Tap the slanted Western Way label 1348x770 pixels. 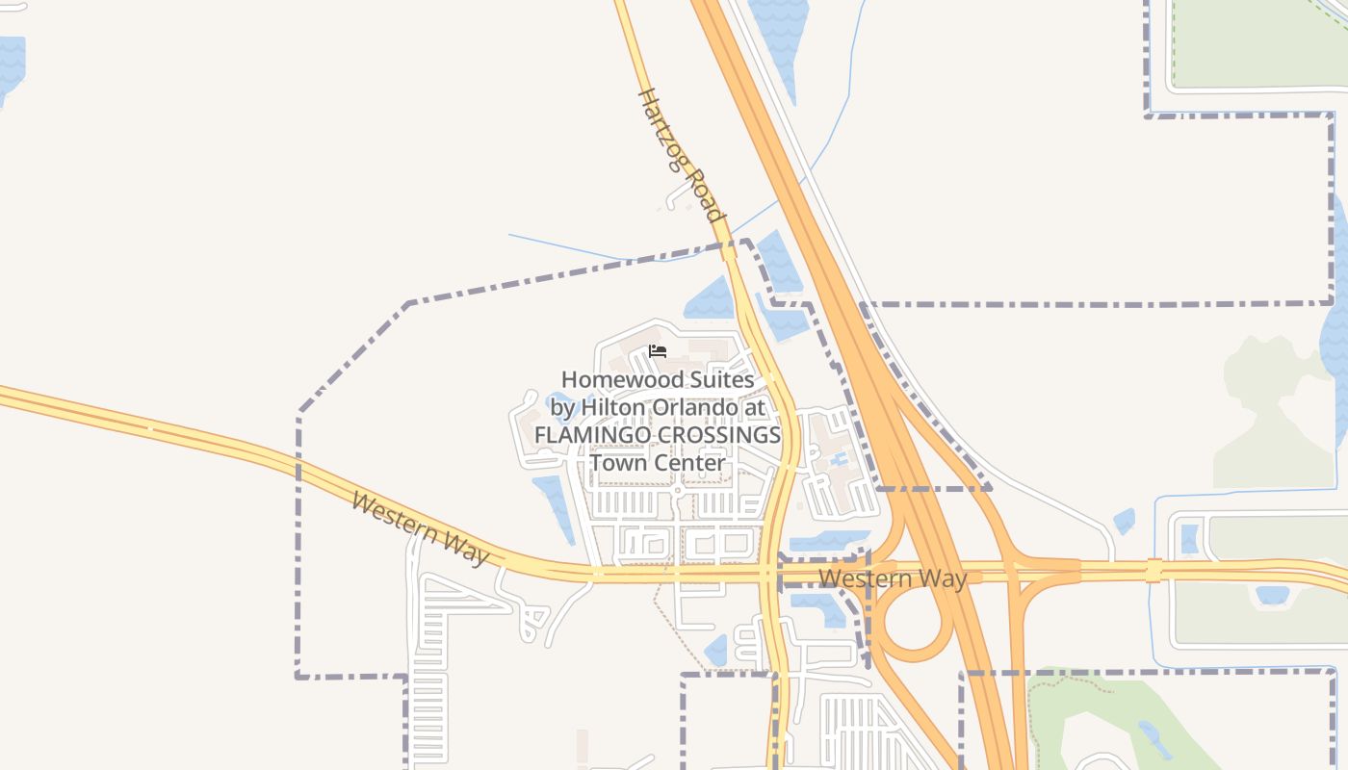click(x=420, y=529)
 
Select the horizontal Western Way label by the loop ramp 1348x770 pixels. click(x=893, y=578)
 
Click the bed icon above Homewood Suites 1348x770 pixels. click(x=658, y=350)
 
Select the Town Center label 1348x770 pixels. click(x=658, y=463)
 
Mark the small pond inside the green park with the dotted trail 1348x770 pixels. click(x=1150, y=738)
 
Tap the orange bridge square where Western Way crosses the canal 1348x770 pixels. click(x=1154, y=572)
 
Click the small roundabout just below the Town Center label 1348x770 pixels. click(x=678, y=491)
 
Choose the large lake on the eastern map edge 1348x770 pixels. click(x=1336, y=318)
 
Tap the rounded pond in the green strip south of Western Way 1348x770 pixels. click(x=1273, y=596)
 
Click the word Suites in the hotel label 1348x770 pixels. click(x=713, y=380)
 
